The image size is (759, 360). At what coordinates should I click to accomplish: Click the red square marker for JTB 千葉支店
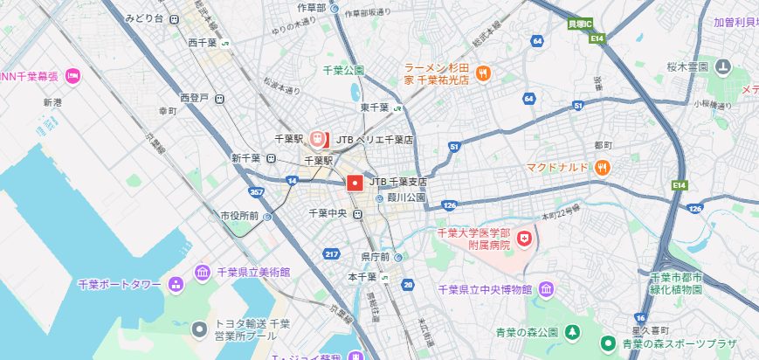click(x=355, y=183)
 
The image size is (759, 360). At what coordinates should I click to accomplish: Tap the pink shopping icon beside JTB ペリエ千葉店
click(x=320, y=139)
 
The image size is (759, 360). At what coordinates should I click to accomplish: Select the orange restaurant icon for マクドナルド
click(x=602, y=167)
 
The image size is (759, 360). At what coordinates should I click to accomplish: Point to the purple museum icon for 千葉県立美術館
click(x=203, y=274)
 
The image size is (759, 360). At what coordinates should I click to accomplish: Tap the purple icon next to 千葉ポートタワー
click(x=176, y=284)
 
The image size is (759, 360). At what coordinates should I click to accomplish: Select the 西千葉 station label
click(x=203, y=42)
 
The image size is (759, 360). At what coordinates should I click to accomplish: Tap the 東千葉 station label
click(x=376, y=107)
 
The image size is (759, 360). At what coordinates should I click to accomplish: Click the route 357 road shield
click(x=257, y=191)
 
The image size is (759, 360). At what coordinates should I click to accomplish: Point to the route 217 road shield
click(x=331, y=254)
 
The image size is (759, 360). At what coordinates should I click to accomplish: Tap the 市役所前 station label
click(x=238, y=215)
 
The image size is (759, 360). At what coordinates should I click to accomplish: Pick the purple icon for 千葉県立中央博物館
click(x=547, y=289)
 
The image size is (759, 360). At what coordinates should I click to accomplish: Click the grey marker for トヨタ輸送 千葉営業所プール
click(x=200, y=329)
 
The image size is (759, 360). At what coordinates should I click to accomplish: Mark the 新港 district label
click(x=52, y=102)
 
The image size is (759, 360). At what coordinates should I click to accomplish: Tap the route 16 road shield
click(x=641, y=316)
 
